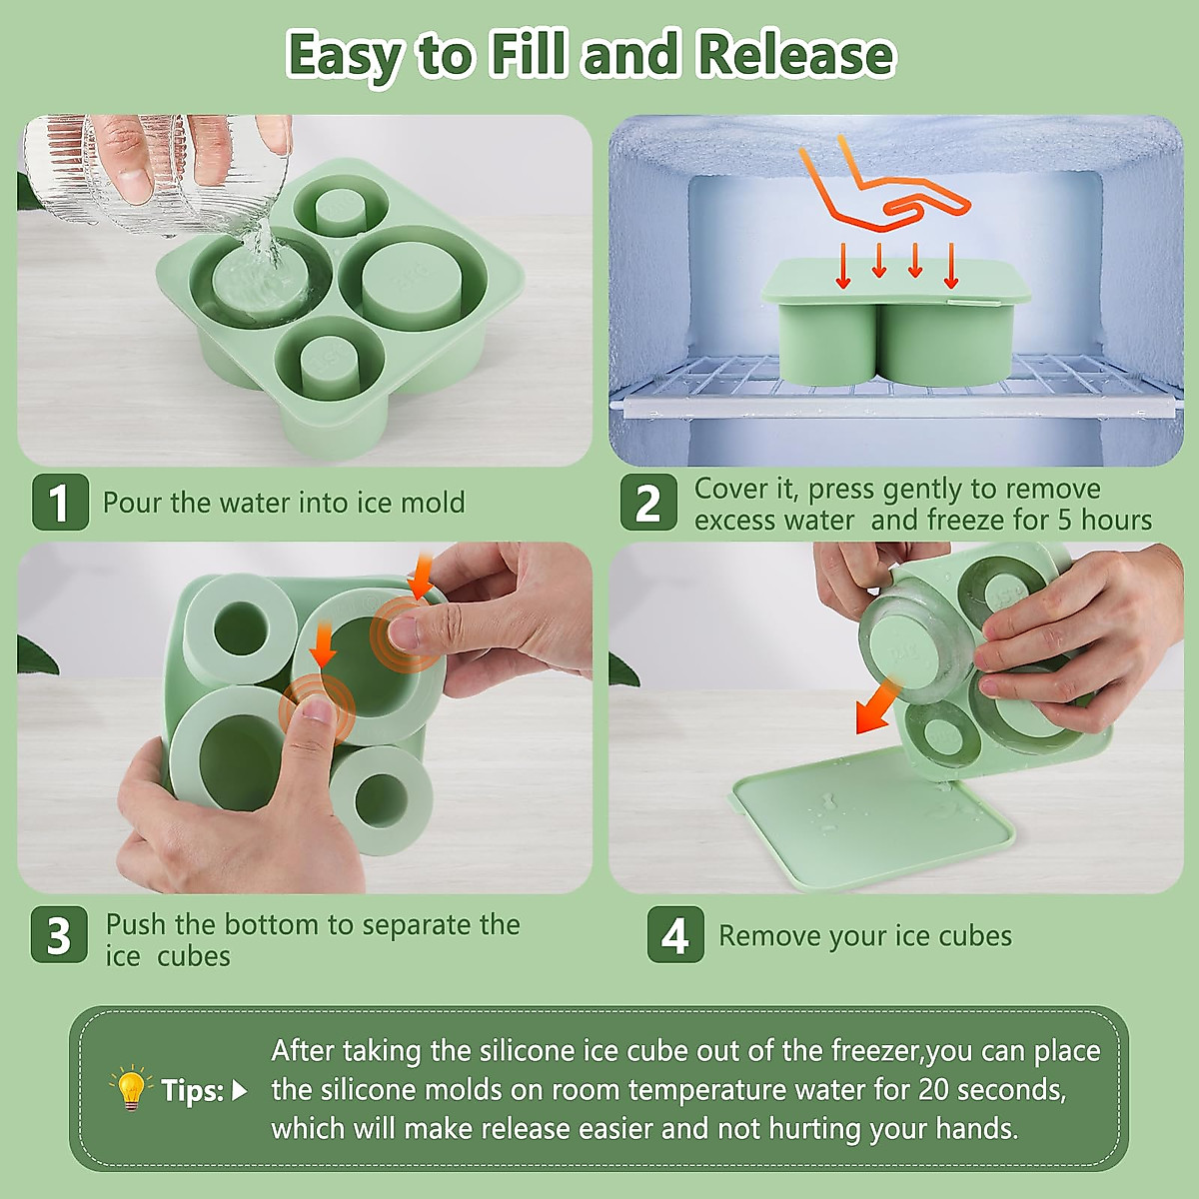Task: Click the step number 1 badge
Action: pos(59,502)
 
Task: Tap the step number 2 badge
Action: pos(648,502)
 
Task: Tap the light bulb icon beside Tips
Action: pos(131,1088)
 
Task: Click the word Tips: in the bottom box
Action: pos(192,1090)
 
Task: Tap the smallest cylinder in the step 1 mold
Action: pos(340,211)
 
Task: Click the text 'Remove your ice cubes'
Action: pos(864,936)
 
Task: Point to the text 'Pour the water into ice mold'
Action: pos(284,502)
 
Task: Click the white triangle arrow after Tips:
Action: pos(239,1090)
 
